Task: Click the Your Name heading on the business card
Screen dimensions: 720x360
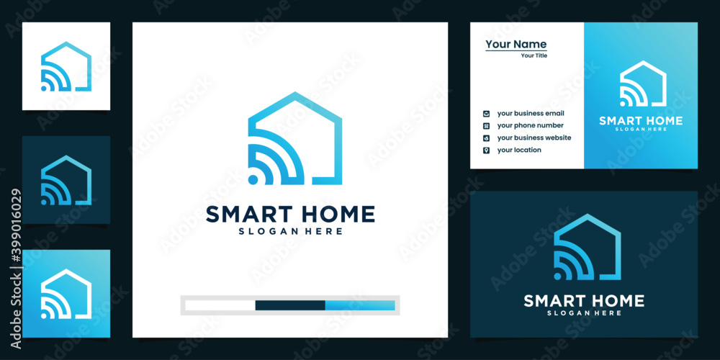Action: [516, 44]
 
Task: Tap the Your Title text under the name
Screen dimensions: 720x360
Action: [534, 55]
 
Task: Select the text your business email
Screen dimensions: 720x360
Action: [531, 114]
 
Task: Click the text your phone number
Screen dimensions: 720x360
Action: [531, 125]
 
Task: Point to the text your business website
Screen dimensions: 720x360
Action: [534, 138]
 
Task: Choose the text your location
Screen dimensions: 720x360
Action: [519, 150]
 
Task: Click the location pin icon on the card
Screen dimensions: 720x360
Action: [486, 150]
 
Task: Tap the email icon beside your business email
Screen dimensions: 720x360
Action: [486, 114]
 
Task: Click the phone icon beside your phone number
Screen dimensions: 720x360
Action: [486, 126]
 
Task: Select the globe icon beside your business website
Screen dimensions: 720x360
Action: [486, 138]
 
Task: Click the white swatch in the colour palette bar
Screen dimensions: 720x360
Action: [220, 305]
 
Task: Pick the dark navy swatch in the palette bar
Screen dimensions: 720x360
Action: [290, 305]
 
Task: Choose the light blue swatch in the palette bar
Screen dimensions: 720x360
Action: [360, 305]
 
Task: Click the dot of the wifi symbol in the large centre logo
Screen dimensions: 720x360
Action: [253, 179]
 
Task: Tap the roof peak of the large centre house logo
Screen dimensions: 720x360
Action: [294, 93]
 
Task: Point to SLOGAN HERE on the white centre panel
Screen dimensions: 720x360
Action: [290, 231]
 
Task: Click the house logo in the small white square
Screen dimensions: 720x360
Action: [66, 66]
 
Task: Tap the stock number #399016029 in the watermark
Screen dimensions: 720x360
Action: [16, 228]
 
